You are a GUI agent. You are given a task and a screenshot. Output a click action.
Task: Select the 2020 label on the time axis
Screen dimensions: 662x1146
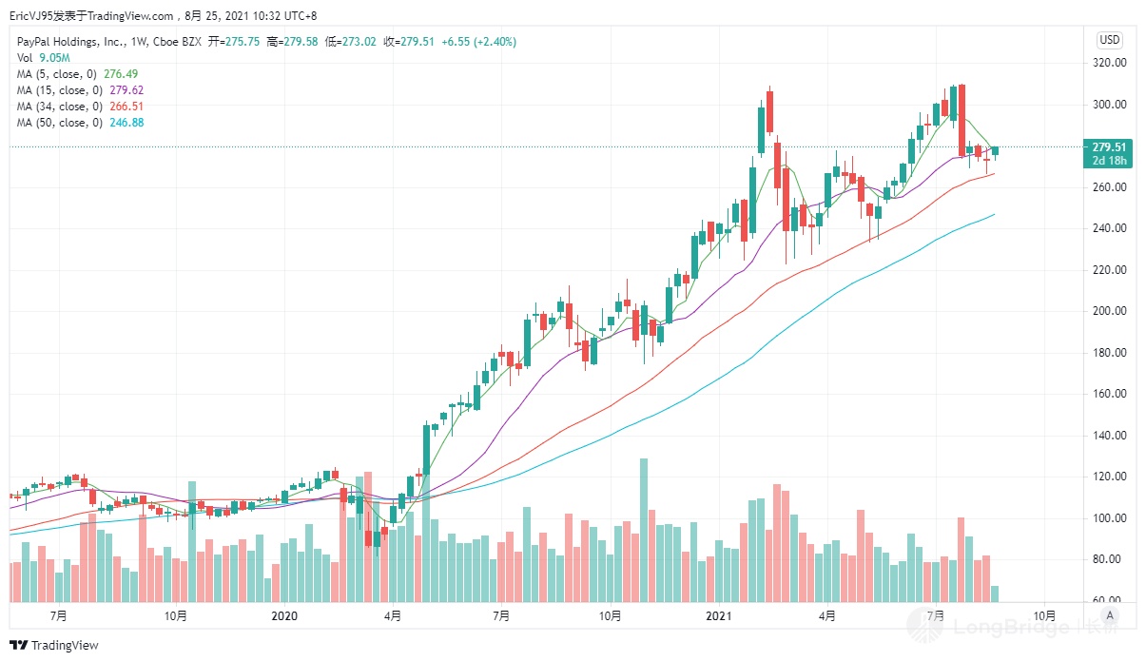pos(284,616)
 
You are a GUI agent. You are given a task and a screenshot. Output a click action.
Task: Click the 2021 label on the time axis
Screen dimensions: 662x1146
pos(718,616)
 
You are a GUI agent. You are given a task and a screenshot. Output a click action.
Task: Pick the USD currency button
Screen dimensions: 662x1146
pos(1109,40)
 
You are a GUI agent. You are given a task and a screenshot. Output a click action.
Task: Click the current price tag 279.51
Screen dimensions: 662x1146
pos(1109,147)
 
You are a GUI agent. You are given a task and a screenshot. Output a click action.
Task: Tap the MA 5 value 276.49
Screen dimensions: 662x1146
pos(126,74)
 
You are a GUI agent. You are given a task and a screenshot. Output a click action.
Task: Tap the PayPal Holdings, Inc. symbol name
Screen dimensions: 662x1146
pos(67,42)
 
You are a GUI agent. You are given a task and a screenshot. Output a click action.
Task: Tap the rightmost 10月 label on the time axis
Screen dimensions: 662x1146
pos(1043,616)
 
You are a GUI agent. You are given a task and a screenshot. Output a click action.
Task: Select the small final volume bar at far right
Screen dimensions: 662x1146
pos(995,594)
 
